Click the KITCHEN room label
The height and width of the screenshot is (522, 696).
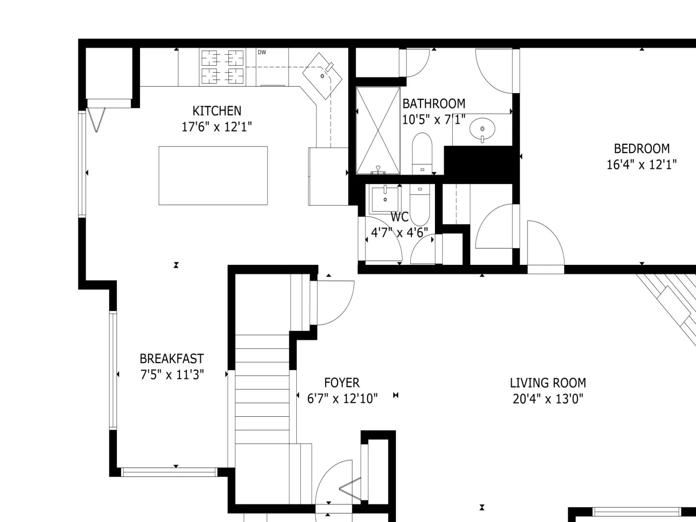click(217, 111)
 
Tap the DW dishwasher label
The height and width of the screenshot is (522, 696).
click(262, 52)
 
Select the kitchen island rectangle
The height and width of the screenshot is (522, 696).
click(213, 176)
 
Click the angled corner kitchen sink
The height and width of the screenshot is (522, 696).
click(322, 76)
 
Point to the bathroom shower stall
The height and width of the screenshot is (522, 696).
click(378, 130)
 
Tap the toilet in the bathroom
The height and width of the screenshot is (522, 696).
click(422, 154)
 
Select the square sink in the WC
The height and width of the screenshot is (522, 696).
click(385, 199)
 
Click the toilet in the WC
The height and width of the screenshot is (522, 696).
click(420, 205)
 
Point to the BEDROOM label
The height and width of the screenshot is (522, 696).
click(642, 149)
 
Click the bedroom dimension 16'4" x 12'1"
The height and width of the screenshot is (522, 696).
click(642, 165)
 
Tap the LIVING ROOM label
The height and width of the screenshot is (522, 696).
click(548, 383)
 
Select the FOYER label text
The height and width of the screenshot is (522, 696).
click(342, 383)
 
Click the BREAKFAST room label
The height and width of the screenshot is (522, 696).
click(172, 359)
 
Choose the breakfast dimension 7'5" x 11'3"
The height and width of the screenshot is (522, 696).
click(172, 375)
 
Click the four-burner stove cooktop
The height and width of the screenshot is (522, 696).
click(223, 67)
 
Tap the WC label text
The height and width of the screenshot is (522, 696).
click(399, 217)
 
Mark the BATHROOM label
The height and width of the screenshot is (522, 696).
click(434, 104)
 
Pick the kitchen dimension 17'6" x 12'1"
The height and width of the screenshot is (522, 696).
click(217, 127)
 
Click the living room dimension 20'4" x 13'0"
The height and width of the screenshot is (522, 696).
click(548, 399)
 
